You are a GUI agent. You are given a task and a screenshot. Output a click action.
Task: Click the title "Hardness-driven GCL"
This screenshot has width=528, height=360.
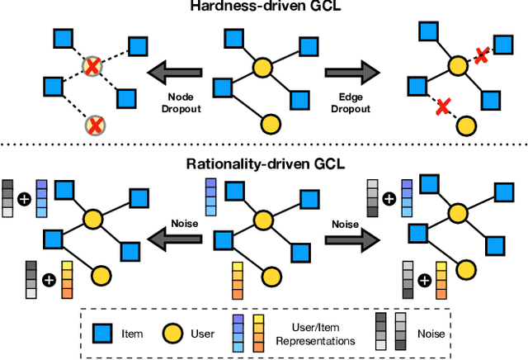point(263,9)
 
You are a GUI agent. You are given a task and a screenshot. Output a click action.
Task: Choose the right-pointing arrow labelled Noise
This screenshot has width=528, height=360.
point(351,239)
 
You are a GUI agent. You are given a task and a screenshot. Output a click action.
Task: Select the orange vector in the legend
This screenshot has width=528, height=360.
point(257,334)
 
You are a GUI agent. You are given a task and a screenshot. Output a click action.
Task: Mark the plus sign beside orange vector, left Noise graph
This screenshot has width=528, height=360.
point(49,280)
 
